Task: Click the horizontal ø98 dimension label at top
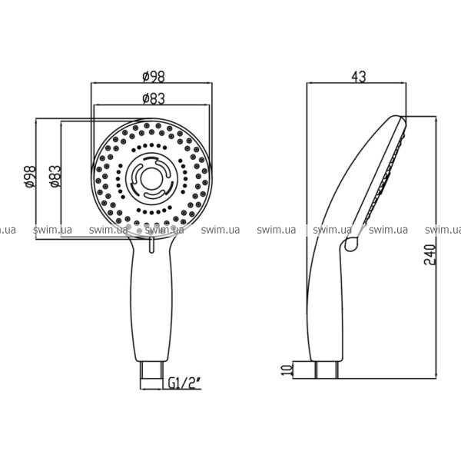pyautogui.click(x=154, y=77)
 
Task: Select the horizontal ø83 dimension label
pyautogui.click(x=154, y=99)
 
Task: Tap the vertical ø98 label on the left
pyautogui.click(x=31, y=177)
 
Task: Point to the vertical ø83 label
pyautogui.click(x=55, y=177)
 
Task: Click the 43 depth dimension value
pyautogui.click(x=359, y=77)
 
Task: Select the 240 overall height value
pyautogui.click(x=429, y=254)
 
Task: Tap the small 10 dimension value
pyautogui.click(x=287, y=370)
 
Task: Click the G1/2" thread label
pyautogui.click(x=181, y=383)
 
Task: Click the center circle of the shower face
pyautogui.click(x=151, y=179)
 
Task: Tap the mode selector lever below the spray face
pyautogui.click(x=151, y=245)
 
